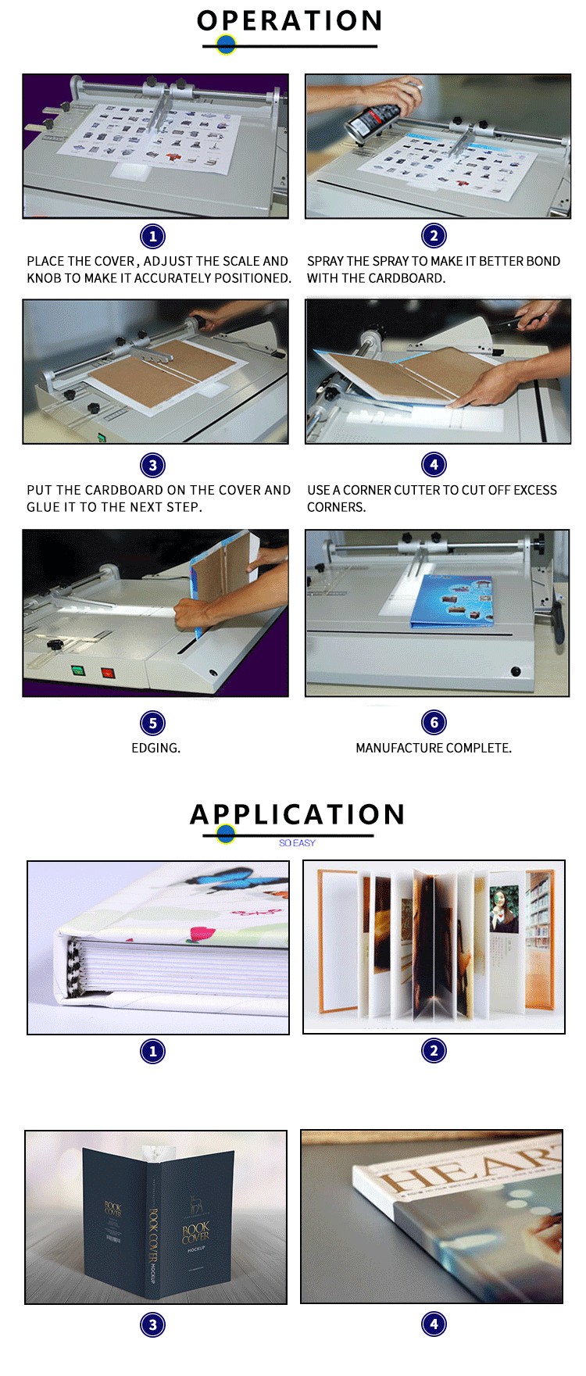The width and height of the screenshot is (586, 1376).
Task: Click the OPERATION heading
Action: [289, 20]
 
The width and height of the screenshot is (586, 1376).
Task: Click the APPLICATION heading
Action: [297, 814]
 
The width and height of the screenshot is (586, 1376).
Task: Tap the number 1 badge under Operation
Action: [152, 236]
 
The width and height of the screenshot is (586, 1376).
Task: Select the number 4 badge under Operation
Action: [434, 465]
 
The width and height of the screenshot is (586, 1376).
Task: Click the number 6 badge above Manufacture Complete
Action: [434, 722]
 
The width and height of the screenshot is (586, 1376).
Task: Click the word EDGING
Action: [155, 748]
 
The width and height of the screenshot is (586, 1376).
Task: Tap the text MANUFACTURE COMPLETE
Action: [434, 748]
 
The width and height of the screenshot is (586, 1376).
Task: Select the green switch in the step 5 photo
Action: [77, 670]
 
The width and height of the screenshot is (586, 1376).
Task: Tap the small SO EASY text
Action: [297, 843]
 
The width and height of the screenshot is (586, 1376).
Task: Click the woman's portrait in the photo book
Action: [503, 909]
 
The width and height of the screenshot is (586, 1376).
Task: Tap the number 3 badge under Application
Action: [152, 1324]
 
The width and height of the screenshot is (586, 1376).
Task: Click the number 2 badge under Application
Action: [434, 1051]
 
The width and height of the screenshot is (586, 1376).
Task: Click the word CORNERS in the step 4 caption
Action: [336, 507]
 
